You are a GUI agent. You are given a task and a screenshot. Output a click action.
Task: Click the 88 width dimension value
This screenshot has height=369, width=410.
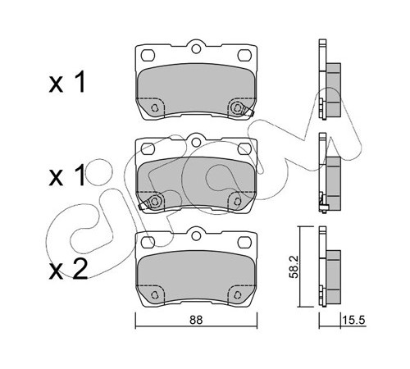[x=196, y=320]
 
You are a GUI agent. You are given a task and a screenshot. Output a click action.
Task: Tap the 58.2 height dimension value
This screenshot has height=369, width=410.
[x=294, y=266]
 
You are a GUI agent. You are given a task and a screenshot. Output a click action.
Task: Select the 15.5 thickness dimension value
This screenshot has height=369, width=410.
[x=354, y=320]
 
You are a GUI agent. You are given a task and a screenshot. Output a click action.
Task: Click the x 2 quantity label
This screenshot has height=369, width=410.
[x=68, y=269]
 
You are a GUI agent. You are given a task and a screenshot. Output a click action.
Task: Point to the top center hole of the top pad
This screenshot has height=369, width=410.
[x=196, y=49]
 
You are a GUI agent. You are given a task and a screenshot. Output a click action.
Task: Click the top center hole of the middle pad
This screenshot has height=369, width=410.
[x=196, y=142]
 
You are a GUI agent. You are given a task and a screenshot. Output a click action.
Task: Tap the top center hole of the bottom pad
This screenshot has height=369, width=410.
[x=196, y=235]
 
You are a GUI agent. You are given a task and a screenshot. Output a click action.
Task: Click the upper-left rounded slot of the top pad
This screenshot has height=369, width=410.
[x=148, y=55]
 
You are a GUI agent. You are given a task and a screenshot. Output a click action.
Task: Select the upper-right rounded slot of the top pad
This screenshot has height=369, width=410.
[x=244, y=55]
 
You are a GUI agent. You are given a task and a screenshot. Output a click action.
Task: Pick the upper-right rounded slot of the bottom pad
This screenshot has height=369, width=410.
[x=244, y=242]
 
